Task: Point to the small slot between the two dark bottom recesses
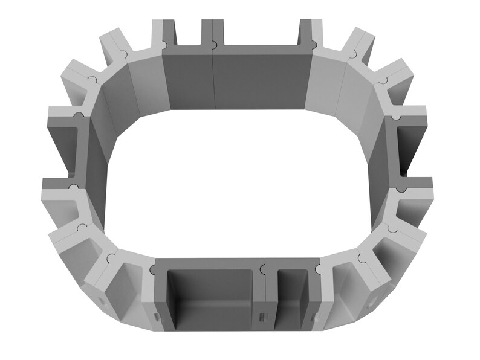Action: coord(262,317)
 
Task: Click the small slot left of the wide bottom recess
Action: coord(157,317)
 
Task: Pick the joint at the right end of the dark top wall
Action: coord(313,44)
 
